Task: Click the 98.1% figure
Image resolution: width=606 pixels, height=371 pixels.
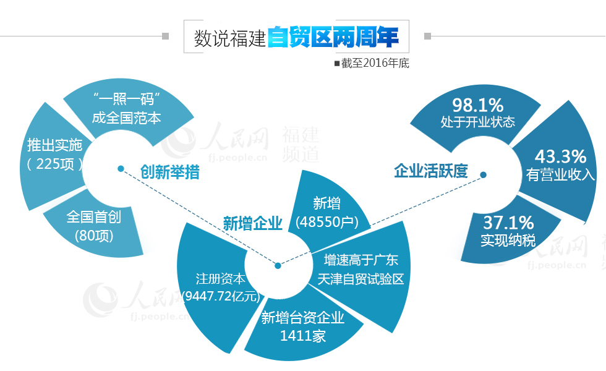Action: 477,104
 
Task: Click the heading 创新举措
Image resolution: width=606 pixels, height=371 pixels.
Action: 169,172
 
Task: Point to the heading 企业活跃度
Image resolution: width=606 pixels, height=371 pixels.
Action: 431,171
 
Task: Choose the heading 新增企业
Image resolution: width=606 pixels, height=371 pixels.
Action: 252,223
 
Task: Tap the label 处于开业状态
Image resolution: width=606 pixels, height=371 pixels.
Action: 478,122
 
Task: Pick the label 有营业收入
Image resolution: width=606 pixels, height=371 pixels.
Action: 560,174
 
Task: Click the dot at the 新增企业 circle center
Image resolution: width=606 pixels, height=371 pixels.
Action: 278,265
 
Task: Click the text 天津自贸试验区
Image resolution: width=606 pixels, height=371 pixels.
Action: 361,279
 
